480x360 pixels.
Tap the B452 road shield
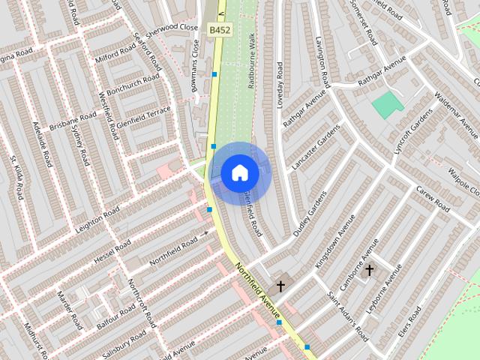pyautogui.click(x=220, y=29)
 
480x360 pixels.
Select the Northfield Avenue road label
pyautogui.click(x=257, y=289)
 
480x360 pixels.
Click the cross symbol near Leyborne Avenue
pyautogui.click(x=369, y=270)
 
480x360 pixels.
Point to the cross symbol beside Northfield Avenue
pyautogui.click(x=280, y=286)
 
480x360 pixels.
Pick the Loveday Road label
pyautogui.click(x=279, y=84)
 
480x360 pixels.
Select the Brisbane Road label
pyautogui.click(x=73, y=122)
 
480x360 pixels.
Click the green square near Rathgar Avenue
pyautogui.click(x=387, y=104)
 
